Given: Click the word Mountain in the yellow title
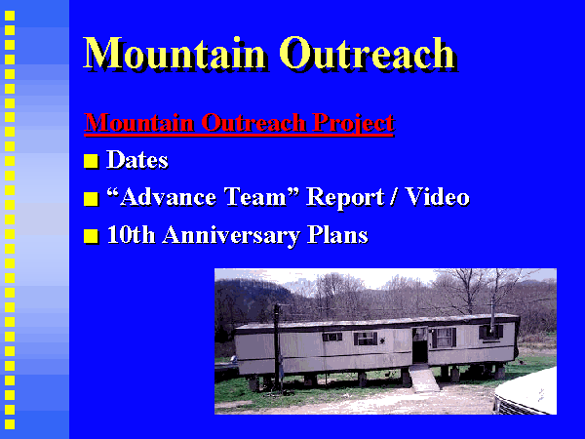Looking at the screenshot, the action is tap(175, 53).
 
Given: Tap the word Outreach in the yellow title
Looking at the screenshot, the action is tap(368, 53).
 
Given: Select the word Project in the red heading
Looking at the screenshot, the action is tap(353, 123).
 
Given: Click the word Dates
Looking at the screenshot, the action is tap(137, 160).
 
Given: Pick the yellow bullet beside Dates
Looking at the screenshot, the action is tap(91, 162).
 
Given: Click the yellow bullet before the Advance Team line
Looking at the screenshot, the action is tap(91, 199).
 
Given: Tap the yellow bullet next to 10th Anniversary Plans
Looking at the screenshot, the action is tap(91, 236).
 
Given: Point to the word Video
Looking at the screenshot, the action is tap(437, 197).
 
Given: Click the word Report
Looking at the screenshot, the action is tap(345, 198).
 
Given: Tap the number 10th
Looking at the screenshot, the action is tap(131, 235).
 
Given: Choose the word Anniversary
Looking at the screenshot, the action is tap(231, 236).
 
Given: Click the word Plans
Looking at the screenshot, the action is tap(337, 235).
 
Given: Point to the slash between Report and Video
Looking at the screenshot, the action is tap(393, 197).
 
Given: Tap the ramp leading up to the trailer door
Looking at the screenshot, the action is tap(423, 378).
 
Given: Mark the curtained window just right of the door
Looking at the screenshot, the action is tap(444, 338).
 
